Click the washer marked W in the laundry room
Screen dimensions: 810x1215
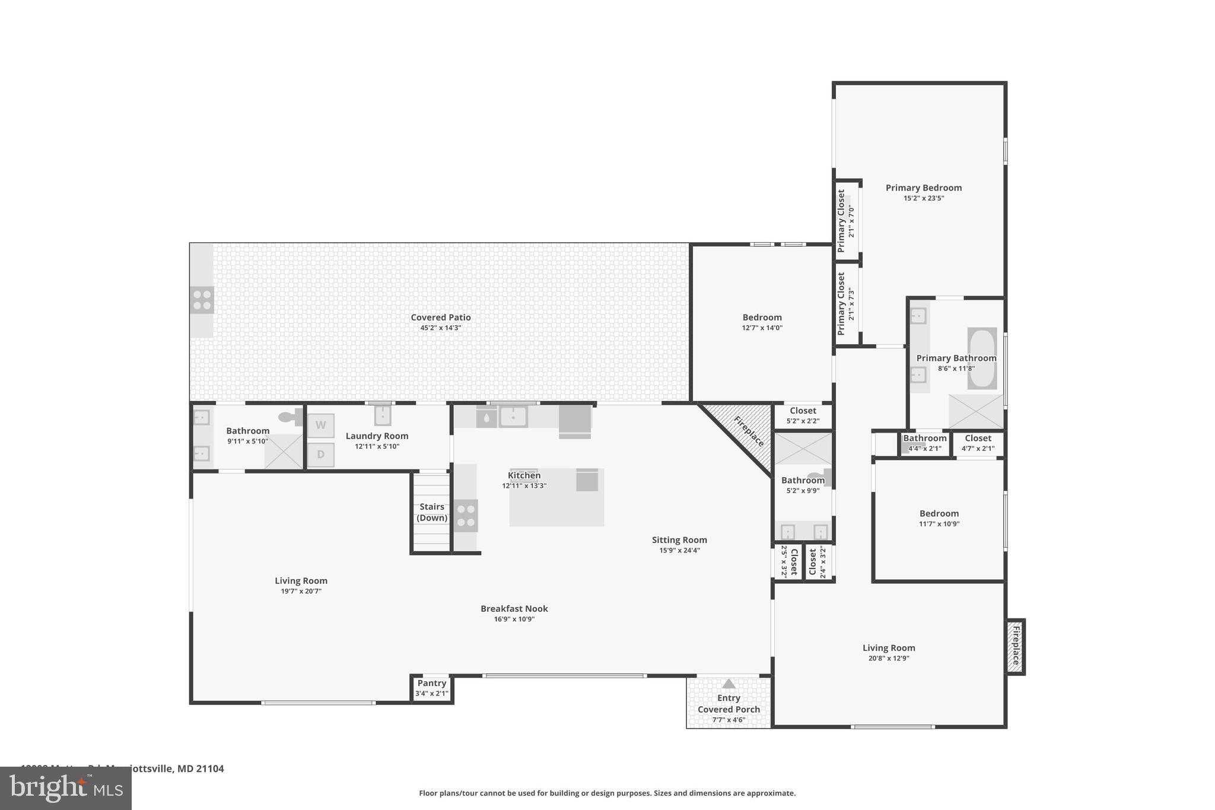(x=321, y=425)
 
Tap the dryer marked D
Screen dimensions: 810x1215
(x=321, y=455)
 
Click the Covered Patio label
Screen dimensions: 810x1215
(x=440, y=317)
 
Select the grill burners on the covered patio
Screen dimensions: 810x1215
(x=202, y=300)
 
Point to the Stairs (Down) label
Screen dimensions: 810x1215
(x=432, y=512)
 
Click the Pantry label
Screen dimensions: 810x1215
(x=431, y=683)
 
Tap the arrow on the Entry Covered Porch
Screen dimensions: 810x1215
(x=729, y=684)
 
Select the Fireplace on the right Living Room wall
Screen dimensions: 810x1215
(x=1016, y=646)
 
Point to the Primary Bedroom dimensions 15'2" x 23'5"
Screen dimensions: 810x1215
(x=923, y=198)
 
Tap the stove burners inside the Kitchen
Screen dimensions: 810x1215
(x=466, y=516)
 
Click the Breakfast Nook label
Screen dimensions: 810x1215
(x=514, y=609)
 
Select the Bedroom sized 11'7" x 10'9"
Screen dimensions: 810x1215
(x=939, y=518)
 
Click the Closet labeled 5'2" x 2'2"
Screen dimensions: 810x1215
(x=803, y=415)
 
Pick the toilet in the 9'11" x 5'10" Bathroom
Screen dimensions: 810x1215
(x=291, y=417)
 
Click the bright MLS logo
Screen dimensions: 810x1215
(x=65, y=788)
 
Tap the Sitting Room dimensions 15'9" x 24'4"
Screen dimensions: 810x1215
(x=679, y=550)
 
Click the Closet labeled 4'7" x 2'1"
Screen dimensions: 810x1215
(x=978, y=443)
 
